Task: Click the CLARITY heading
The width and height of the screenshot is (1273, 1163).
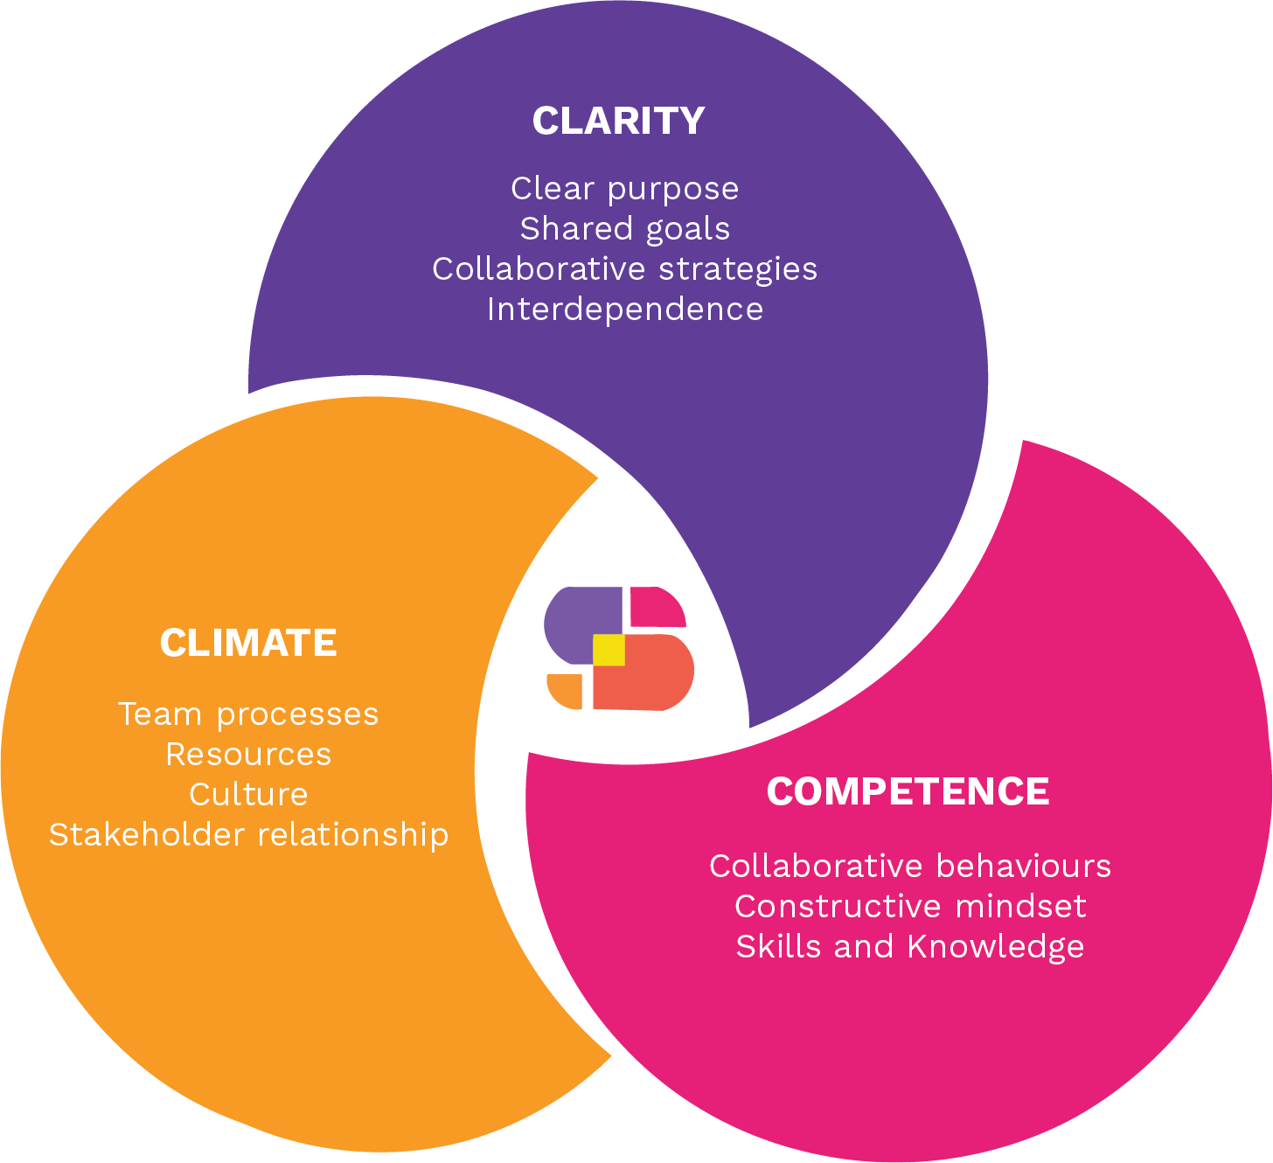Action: (x=618, y=121)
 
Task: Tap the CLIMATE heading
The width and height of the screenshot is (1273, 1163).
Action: (x=248, y=644)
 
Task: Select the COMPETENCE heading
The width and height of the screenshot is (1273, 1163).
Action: (x=908, y=792)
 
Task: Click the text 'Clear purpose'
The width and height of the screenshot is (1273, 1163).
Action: (x=624, y=189)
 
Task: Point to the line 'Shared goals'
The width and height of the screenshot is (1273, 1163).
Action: (x=624, y=229)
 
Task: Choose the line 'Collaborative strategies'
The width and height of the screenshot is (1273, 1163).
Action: (x=624, y=269)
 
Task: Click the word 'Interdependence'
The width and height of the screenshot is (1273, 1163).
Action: (x=624, y=310)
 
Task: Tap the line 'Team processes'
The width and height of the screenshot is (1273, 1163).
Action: (x=248, y=714)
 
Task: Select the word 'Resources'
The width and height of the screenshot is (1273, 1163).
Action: (x=248, y=755)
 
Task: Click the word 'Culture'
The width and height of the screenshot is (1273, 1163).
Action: (x=248, y=795)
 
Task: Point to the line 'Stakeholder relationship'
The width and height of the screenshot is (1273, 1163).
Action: (x=248, y=835)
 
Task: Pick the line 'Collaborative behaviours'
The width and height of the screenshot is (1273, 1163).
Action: (x=909, y=867)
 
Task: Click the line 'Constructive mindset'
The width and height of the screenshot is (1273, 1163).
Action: (x=909, y=907)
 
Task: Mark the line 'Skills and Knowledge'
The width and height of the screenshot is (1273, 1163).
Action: (x=909, y=947)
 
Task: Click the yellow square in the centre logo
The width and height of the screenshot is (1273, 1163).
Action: (x=609, y=650)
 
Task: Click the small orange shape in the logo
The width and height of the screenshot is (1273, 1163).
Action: (x=566, y=690)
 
